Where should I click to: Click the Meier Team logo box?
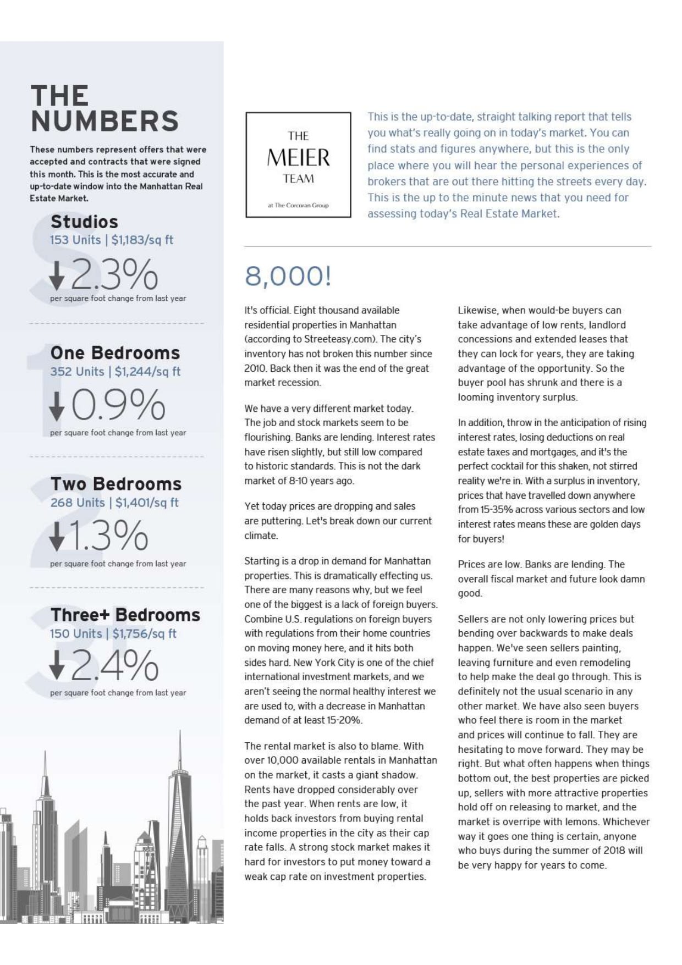[x=298, y=165]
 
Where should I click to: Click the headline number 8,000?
[x=288, y=276]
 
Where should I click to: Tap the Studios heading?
[x=84, y=222]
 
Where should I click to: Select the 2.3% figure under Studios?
[x=114, y=274]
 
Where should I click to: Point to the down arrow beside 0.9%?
[x=57, y=407]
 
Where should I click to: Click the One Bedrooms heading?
[x=115, y=352]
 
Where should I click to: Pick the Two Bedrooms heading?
[x=116, y=484]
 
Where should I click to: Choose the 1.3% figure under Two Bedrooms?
[x=108, y=536]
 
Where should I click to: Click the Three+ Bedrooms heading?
[x=125, y=615]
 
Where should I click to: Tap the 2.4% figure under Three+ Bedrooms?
[x=114, y=665]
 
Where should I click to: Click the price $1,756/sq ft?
[x=144, y=633]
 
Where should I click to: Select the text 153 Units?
[x=75, y=240]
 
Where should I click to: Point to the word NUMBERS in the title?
[x=105, y=121]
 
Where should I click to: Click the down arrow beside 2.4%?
[x=57, y=665]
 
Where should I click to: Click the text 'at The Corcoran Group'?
[x=298, y=205]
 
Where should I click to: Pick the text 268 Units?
[x=77, y=503]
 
